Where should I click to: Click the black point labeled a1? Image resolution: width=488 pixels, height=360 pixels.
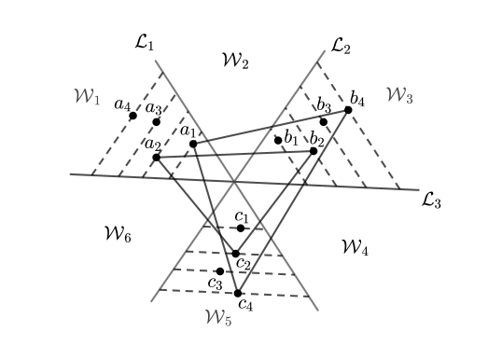[193, 144]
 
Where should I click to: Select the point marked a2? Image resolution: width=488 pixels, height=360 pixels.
[156, 157]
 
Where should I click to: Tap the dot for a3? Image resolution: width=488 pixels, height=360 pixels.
[156, 121]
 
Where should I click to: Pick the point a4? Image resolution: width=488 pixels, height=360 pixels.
[133, 116]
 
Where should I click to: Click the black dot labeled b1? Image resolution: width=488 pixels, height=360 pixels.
[278, 140]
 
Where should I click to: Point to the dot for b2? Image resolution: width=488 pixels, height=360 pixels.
[314, 150]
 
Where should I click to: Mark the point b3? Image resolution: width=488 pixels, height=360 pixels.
[324, 121]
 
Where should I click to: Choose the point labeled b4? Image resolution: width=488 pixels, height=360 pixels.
[348, 109]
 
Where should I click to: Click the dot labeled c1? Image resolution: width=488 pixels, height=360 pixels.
[241, 228]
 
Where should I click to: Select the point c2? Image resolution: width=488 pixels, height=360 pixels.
[235, 253]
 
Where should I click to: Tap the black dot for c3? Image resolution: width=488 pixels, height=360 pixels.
[220, 271]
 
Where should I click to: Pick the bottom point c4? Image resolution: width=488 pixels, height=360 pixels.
[238, 293]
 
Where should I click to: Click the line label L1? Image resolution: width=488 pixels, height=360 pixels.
[145, 44]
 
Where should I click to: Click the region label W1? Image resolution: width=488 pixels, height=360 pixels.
[86, 96]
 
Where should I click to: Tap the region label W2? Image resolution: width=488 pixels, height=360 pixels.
[234, 61]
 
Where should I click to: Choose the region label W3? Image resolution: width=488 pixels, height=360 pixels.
[398, 95]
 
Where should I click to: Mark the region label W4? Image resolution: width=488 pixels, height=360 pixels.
[355, 247]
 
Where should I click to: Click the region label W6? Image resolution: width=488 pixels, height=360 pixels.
[117, 235]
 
